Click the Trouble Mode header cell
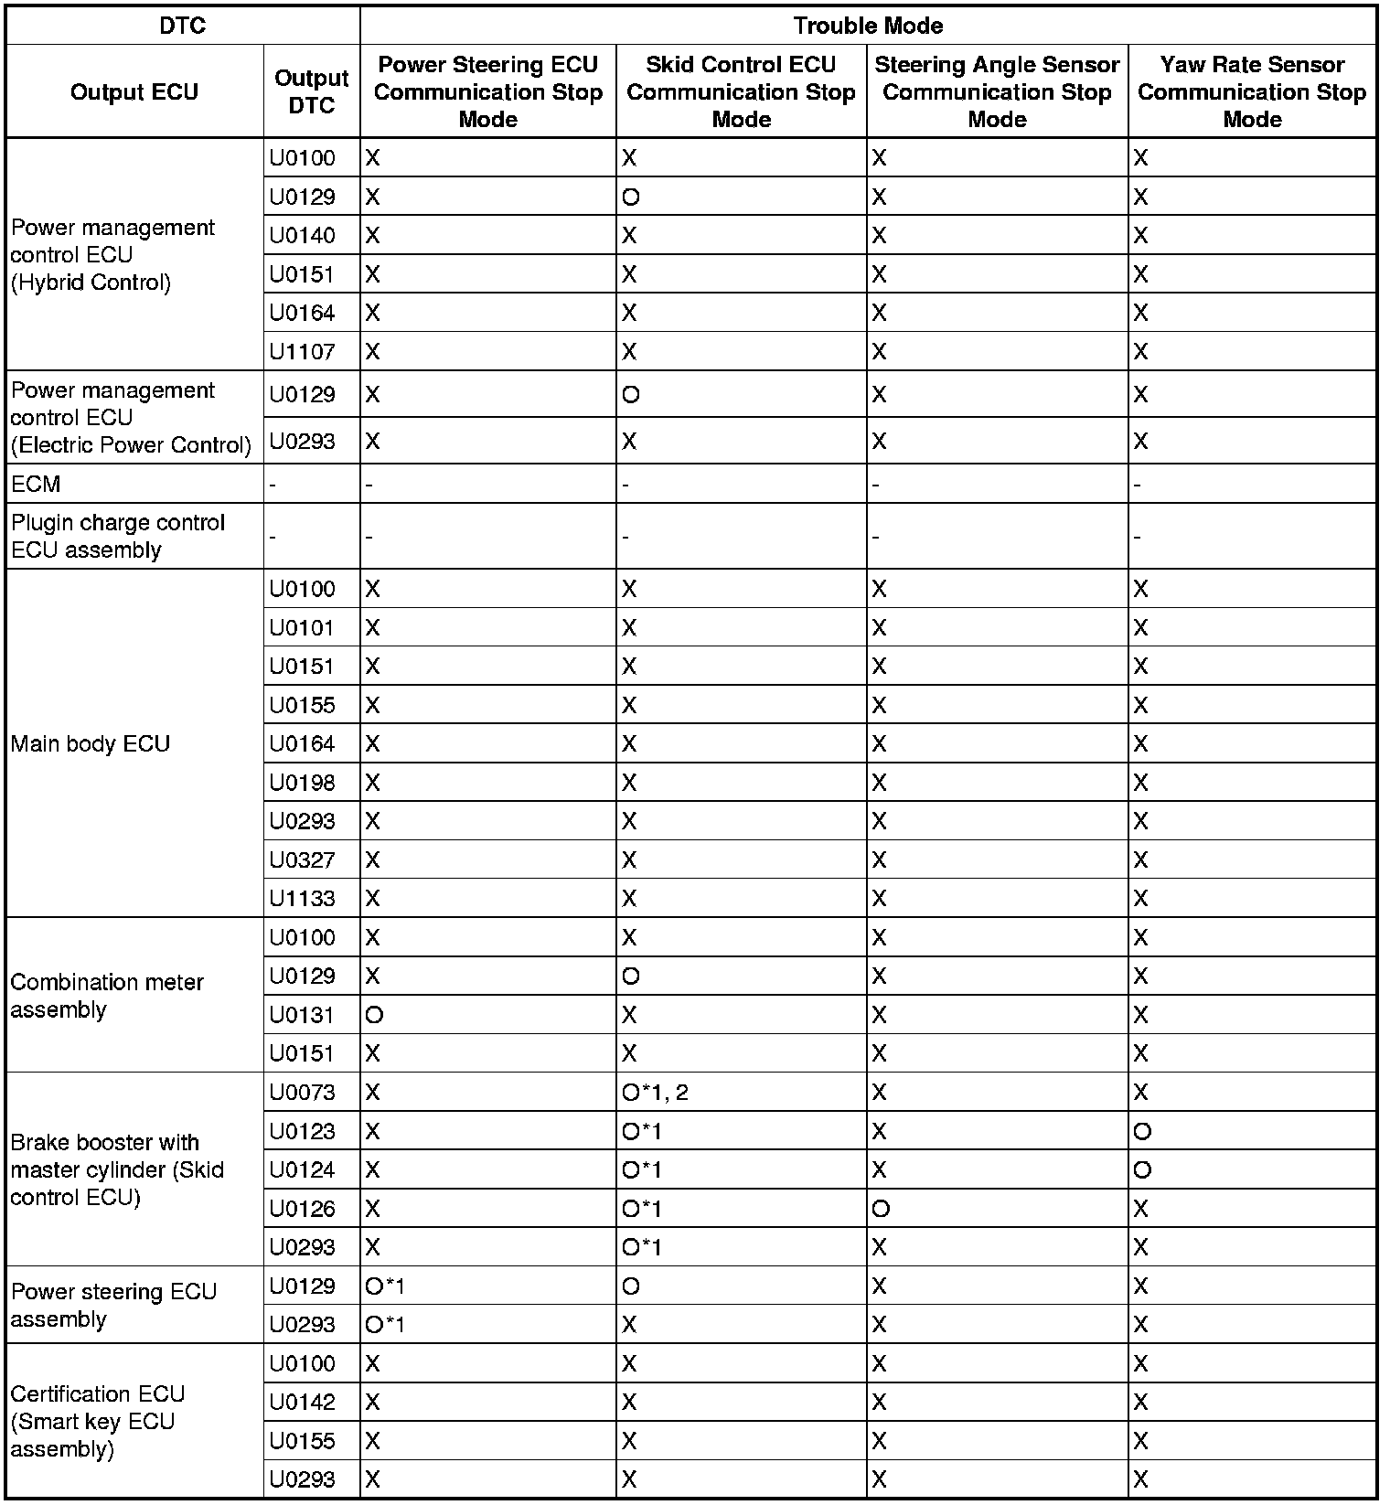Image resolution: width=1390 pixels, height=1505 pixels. (x=868, y=26)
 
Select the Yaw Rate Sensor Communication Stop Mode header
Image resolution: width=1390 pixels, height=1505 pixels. (x=1252, y=91)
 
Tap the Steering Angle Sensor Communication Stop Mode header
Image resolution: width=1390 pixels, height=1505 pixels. (x=997, y=91)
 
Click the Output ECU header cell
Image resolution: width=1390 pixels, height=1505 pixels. (x=134, y=91)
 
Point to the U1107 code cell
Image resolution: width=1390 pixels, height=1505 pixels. (x=303, y=352)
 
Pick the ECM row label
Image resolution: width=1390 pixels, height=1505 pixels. (x=37, y=484)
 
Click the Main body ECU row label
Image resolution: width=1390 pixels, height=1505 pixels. (x=91, y=743)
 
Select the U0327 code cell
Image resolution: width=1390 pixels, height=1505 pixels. (x=303, y=859)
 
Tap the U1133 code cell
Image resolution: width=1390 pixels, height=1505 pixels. (x=303, y=899)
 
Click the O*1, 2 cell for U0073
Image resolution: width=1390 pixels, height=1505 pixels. (x=655, y=1093)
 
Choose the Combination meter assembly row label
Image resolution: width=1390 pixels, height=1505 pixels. (x=107, y=996)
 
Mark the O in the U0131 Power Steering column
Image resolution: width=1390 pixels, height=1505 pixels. (x=373, y=1015)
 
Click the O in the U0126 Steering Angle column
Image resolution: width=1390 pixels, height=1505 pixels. (x=881, y=1209)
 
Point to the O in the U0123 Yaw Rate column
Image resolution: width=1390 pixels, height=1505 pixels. (x=1142, y=1132)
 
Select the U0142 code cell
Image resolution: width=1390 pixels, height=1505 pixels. (x=303, y=1403)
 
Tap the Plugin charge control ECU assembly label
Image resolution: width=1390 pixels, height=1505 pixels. (x=118, y=536)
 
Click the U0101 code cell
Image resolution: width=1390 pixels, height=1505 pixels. (x=303, y=628)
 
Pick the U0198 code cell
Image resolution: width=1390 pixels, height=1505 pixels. (x=303, y=783)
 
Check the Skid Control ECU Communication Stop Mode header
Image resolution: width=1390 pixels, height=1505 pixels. (x=741, y=91)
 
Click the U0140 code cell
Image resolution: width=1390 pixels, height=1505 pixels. (x=303, y=236)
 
